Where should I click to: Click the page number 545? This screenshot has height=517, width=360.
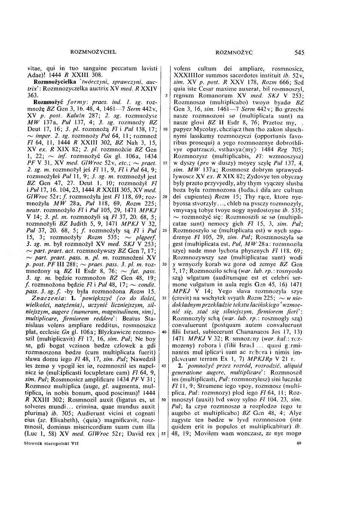(299, 52)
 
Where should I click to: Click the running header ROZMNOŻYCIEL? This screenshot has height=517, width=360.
(93, 52)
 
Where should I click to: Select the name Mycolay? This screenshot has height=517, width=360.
(202, 129)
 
